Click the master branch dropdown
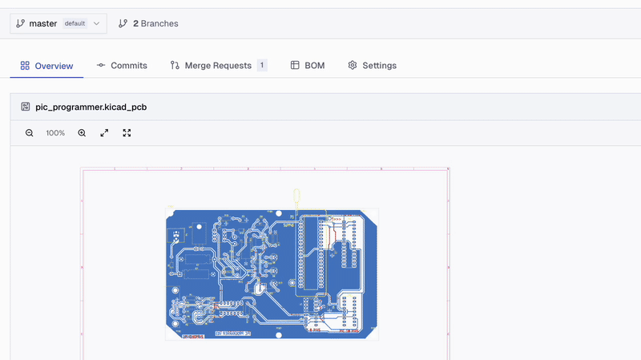(x=58, y=24)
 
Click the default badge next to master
(x=75, y=24)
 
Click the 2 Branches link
(x=148, y=24)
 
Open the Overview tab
(x=46, y=66)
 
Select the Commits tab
(x=122, y=66)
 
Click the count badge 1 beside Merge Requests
(x=262, y=66)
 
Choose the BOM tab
(x=308, y=66)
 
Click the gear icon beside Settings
(x=352, y=66)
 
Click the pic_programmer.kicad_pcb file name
(x=91, y=107)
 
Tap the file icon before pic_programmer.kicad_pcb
(x=26, y=107)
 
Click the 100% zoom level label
(x=55, y=133)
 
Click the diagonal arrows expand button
(x=104, y=133)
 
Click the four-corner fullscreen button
(x=127, y=133)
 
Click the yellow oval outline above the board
(x=296, y=196)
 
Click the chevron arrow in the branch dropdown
(x=97, y=24)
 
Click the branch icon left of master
(x=20, y=24)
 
